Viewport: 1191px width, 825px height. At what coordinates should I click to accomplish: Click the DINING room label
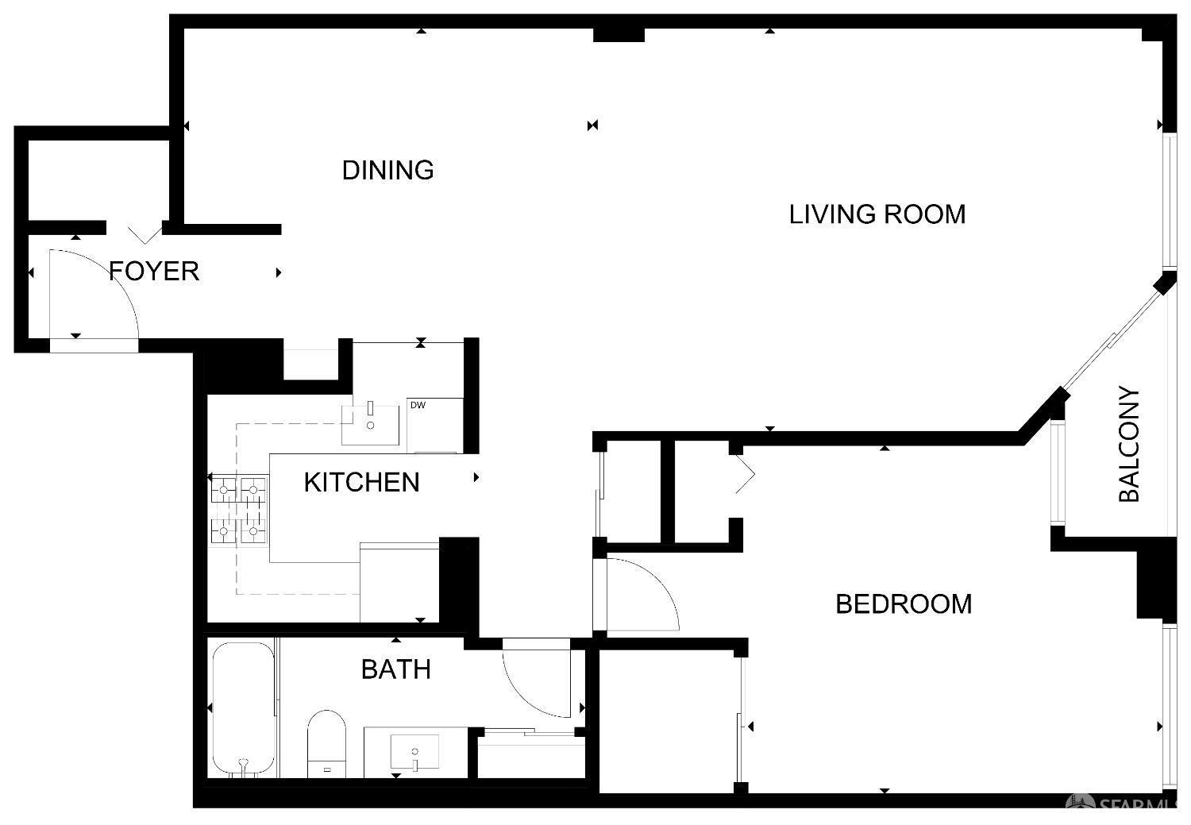[387, 170]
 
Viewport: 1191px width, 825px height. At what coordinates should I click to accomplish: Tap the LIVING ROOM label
[877, 214]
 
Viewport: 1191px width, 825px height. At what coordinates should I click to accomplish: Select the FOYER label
[154, 271]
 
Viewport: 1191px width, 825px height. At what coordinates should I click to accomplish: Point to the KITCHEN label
[361, 482]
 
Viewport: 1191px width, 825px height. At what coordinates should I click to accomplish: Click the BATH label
[396, 669]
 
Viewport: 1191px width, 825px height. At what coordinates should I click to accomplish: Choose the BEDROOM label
[904, 604]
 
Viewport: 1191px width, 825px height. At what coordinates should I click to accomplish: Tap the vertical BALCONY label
[1129, 444]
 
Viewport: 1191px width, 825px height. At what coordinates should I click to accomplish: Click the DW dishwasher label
[418, 405]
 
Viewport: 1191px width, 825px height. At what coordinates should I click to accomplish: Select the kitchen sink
[370, 425]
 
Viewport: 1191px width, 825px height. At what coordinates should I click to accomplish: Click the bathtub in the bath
[244, 710]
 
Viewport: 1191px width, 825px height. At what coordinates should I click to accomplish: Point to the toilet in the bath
[326, 743]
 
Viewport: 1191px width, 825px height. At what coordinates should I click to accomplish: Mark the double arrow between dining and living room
[593, 125]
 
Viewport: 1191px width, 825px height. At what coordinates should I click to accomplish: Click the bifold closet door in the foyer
[145, 235]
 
